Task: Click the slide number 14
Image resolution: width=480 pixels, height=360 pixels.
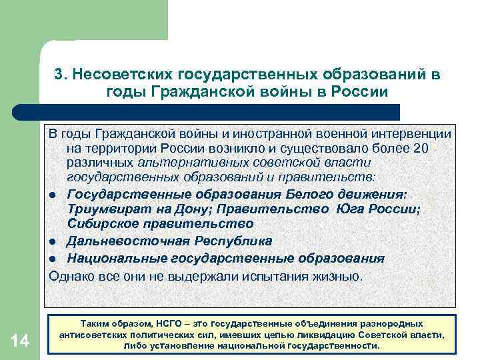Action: click(x=20, y=341)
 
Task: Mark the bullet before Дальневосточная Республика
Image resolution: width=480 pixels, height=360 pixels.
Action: click(x=51, y=241)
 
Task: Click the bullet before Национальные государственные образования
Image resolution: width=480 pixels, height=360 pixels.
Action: click(x=51, y=259)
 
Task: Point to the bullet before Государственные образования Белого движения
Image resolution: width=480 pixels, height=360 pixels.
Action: click(x=51, y=194)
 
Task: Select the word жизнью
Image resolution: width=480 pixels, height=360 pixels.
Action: click(x=340, y=275)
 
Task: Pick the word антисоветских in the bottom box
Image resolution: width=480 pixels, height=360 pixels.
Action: click(x=98, y=335)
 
